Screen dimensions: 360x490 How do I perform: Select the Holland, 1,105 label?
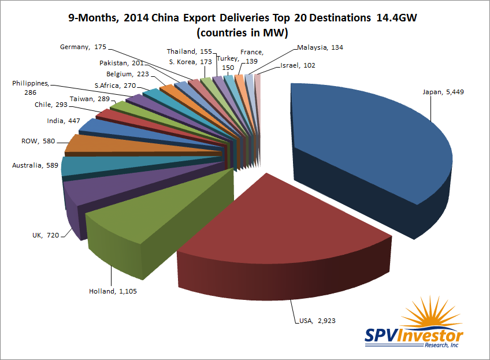tap(113, 291)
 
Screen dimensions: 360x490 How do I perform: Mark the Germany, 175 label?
tap(84, 47)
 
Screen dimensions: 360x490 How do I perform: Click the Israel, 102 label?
tap(298, 65)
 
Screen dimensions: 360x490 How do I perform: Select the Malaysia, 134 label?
tap(320, 47)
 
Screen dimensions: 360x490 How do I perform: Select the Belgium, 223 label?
tap(127, 74)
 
